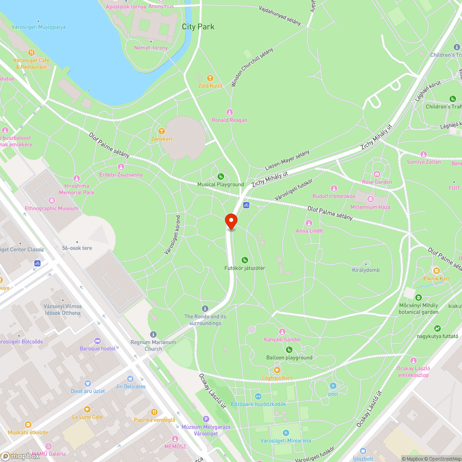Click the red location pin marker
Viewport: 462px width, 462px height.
231,221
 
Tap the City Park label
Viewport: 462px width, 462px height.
198,27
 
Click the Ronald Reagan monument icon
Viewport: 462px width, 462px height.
230,112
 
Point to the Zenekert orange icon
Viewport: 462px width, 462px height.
161,131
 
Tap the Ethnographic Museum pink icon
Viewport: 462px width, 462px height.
51,201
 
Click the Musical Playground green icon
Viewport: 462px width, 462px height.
221,176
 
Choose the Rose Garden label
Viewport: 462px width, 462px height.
377,182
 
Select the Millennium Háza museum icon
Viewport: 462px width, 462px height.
371,199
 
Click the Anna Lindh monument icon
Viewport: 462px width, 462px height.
309,223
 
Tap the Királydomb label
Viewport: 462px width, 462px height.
366,270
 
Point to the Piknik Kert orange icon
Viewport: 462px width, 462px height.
436,270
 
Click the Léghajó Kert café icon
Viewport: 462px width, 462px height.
277,370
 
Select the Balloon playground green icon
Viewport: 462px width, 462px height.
289,350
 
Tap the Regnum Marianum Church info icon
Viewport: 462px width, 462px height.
153,334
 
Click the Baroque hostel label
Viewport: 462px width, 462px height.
97,348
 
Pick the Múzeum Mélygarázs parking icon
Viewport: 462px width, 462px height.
206,419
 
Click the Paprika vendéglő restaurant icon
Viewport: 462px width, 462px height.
154,412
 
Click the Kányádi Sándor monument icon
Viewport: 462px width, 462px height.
282,332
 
